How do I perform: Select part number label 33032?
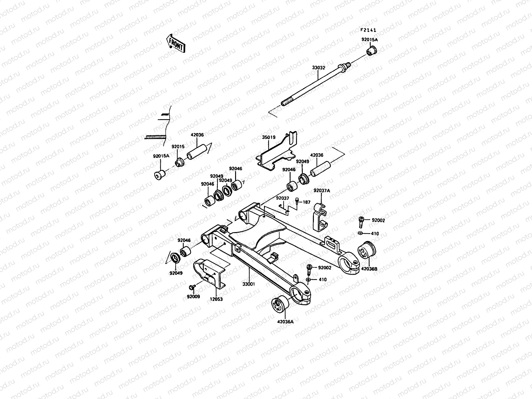[318, 67]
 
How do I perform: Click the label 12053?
[216, 299]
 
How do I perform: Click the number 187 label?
[306, 202]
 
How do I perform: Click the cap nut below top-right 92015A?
[371, 52]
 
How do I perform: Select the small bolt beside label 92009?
[192, 286]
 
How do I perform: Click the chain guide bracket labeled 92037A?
[320, 218]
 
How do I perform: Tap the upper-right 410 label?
[375, 233]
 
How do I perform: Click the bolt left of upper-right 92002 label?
[362, 221]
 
